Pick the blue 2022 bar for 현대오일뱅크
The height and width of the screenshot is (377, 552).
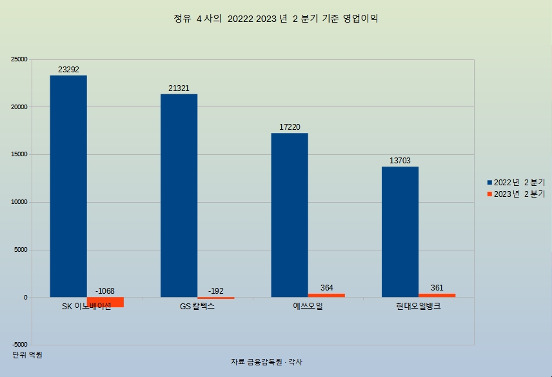pos(400,232)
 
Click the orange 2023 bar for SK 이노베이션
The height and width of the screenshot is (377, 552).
pos(105,302)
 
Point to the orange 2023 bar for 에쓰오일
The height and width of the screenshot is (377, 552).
pos(326,296)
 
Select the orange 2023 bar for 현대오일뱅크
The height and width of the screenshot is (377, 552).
pos(437,296)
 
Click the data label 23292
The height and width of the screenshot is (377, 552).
pos(68,70)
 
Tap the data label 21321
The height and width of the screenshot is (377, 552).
pos(179,88)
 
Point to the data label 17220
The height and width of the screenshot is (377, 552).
pos(290,127)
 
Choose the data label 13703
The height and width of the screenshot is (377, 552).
pos(400,161)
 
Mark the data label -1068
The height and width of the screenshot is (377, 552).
pos(105,291)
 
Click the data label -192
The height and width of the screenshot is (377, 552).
pos(215,291)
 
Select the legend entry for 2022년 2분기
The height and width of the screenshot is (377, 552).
pos(515,183)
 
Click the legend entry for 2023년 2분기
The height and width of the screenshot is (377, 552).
pos(515,194)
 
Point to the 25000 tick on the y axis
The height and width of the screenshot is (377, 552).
pos(19,59)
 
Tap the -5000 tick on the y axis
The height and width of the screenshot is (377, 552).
pos(19,345)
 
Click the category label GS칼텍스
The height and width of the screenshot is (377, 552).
pos(197,307)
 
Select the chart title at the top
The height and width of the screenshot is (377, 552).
pos(275,19)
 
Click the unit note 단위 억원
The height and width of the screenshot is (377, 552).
pos(27,355)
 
